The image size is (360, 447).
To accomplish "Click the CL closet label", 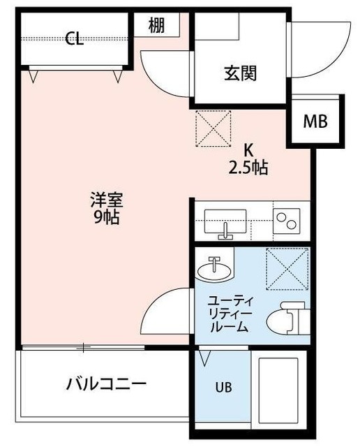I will [x=75, y=39].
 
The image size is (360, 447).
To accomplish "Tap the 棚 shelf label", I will [x=156, y=26].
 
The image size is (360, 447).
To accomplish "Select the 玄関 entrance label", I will [x=239, y=73].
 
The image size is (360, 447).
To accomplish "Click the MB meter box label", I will [x=315, y=121].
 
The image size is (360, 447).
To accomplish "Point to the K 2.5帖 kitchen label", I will [x=248, y=160].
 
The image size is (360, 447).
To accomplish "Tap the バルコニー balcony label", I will [x=107, y=384].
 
